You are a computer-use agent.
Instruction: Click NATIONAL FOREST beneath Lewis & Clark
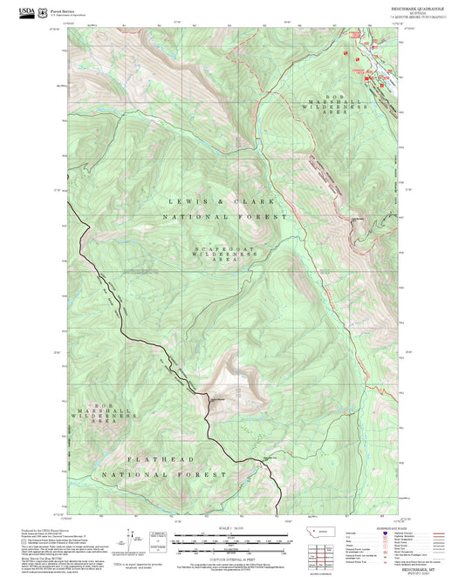[223, 216]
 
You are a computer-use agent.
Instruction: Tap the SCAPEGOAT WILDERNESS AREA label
[215, 253]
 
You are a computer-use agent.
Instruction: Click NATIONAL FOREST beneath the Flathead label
[158, 475]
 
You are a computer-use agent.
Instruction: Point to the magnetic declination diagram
[132, 537]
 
